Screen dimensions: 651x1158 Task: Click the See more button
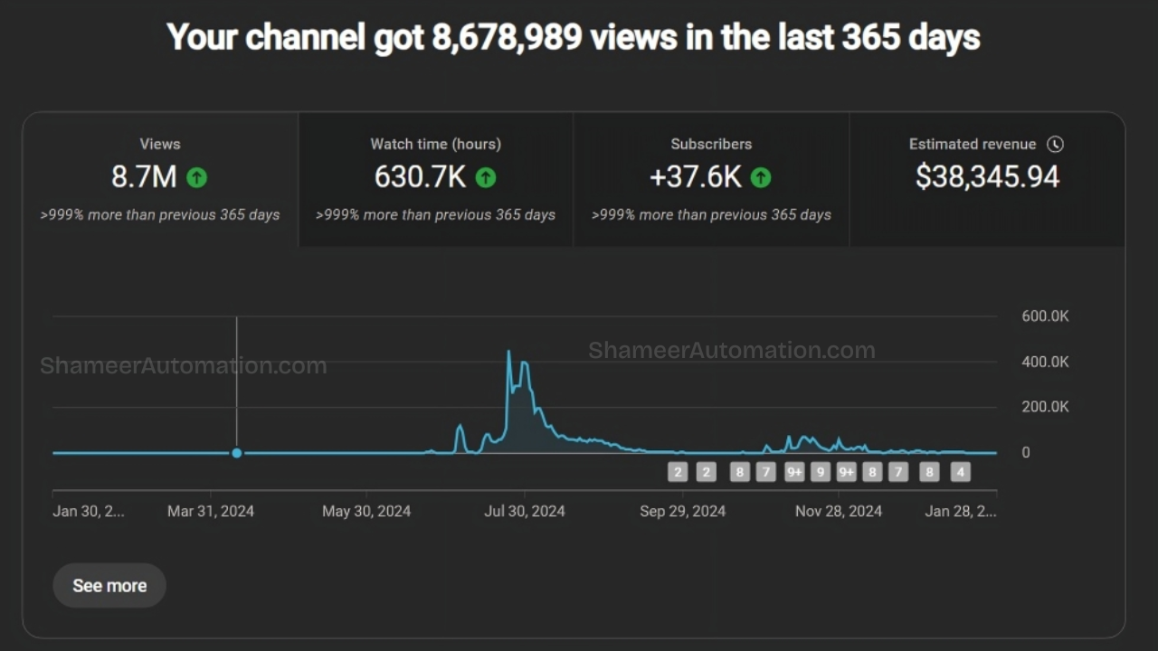point(109,586)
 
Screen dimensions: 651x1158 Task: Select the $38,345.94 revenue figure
point(987,176)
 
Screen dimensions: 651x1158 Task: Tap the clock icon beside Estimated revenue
point(1055,144)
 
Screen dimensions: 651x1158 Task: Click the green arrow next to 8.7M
point(196,177)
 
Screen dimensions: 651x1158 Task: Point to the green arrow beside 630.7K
point(486,177)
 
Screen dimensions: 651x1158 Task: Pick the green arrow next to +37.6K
point(761,177)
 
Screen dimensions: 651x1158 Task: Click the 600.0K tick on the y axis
point(1045,316)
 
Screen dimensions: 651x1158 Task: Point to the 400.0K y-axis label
point(1045,362)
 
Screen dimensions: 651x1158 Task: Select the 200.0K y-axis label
point(1045,407)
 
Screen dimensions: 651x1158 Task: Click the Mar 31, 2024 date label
point(211,512)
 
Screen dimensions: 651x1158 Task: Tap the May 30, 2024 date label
point(366,512)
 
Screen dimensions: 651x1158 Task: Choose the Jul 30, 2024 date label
point(525,512)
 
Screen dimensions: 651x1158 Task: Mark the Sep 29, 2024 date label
point(682,512)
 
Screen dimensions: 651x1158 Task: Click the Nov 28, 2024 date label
point(839,512)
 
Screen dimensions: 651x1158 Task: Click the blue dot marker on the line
point(237,453)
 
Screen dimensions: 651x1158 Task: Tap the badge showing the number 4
point(960,472)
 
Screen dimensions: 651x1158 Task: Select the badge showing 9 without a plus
point(821,472)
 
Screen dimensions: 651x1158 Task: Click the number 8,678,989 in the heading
point(507,38)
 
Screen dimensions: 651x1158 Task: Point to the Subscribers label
point(711,144)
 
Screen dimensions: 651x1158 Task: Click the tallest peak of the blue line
point(508,352)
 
